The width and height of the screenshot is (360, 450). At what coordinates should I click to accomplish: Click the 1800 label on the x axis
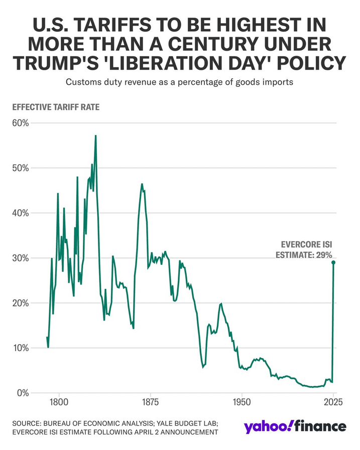(59, 402)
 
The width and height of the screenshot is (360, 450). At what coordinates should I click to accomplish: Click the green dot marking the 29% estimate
(333, 262)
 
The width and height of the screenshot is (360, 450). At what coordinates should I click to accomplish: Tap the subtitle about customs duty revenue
(180, 82)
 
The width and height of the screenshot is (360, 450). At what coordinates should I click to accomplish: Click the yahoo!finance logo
(295, 426)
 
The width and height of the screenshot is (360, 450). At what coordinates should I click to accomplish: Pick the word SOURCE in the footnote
(27, 423)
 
